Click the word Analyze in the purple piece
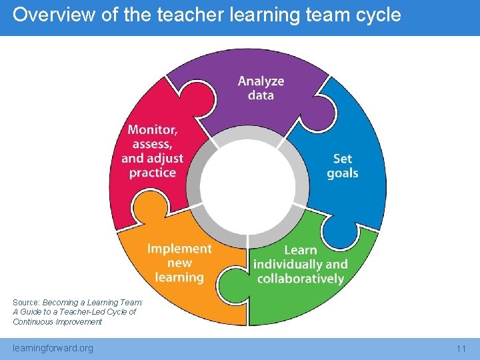tap(261, 81)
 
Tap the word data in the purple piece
tap(261, 95)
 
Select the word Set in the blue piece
tap(343, 159)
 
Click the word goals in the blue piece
tap(343, 173)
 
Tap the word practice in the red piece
tap(153, 173)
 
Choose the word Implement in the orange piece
tap(179, 249)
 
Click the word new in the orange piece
tap(179, 263)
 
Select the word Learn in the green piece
tap(300, 250)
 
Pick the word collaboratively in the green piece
tap(300, 278)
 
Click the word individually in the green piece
tap(287, 264)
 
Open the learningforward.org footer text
tap(53, 348)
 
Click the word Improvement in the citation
tap(79, 322)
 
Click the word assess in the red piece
tap(153, 144)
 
